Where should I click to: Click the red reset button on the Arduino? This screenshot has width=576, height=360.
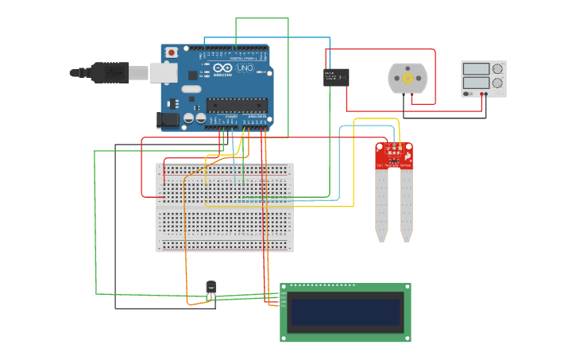[x=172, y=52]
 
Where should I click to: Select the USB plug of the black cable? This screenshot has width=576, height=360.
[x=109, y=72]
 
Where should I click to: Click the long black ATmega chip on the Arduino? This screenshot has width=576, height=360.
[x=236, y=105]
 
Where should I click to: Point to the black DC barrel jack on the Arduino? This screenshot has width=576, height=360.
[x=168, y=119]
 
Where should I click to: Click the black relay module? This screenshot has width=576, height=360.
[x=336, y=77]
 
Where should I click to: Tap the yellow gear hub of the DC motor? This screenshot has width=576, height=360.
[x=408, y=79]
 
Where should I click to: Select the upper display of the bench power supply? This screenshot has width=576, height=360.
[x=476, y=69]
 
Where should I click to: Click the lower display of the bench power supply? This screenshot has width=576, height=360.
[x=476, y=82]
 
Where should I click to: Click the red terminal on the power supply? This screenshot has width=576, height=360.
[x=482, y=94]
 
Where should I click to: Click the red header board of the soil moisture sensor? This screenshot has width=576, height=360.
[x=394, y=156]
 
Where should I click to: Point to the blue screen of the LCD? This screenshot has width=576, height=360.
[x=346, y=312]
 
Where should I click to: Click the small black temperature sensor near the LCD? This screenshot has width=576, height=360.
[x=211, y=288]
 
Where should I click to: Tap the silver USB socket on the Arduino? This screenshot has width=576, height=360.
[x=164, y=72]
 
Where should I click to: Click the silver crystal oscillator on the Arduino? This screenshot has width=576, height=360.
[x=190, y=88]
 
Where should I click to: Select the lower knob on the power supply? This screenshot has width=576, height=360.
[x=497, y=83]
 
